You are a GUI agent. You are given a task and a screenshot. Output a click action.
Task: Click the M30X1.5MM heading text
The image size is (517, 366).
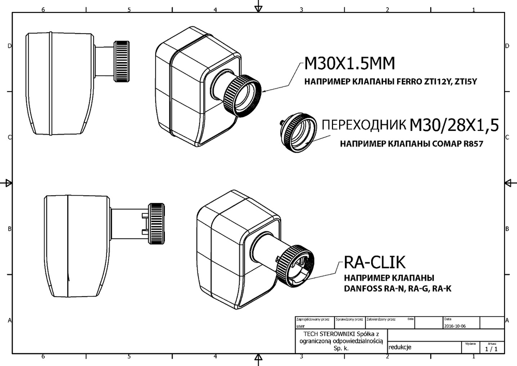349,64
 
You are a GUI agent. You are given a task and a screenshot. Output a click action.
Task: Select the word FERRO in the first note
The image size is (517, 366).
409,82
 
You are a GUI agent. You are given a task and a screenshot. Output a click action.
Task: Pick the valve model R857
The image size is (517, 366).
471,145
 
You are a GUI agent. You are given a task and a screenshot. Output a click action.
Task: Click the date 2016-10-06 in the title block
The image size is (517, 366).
455,327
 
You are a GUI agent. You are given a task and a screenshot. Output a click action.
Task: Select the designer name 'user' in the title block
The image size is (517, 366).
300,327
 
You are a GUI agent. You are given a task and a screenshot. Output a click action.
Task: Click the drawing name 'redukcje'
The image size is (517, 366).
400,347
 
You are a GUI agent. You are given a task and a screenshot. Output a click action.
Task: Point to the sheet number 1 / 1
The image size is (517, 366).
492,349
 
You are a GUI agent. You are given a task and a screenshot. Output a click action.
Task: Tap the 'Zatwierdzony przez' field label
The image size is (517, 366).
381,320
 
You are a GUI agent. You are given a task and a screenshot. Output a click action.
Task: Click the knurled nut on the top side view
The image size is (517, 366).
122,61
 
